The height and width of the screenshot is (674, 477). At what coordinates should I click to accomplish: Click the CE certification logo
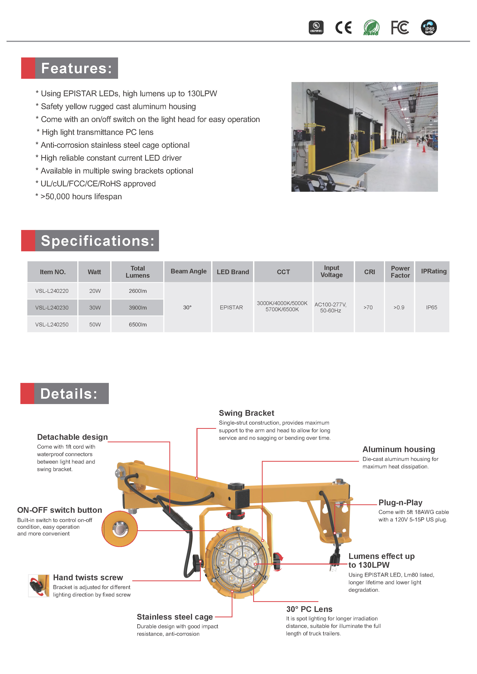tap(343, 28)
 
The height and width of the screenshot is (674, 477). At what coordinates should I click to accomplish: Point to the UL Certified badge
tap(316, 28)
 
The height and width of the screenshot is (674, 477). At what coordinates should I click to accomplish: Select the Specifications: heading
tap(97, 241)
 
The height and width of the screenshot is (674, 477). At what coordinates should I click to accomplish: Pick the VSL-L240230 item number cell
tap(52, 308)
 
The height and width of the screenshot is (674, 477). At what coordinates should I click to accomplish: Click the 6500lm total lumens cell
tap(137, 324)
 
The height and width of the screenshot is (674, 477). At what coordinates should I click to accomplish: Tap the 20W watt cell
tap(95, 291)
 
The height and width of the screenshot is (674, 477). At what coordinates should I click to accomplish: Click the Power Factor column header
tap(400, 272)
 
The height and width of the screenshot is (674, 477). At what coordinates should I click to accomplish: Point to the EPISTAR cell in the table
tap(231, 307)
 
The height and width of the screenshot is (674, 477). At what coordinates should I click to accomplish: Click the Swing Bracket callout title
tap(246, 413)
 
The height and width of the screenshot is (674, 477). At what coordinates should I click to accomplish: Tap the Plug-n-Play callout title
tap(400, 503)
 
